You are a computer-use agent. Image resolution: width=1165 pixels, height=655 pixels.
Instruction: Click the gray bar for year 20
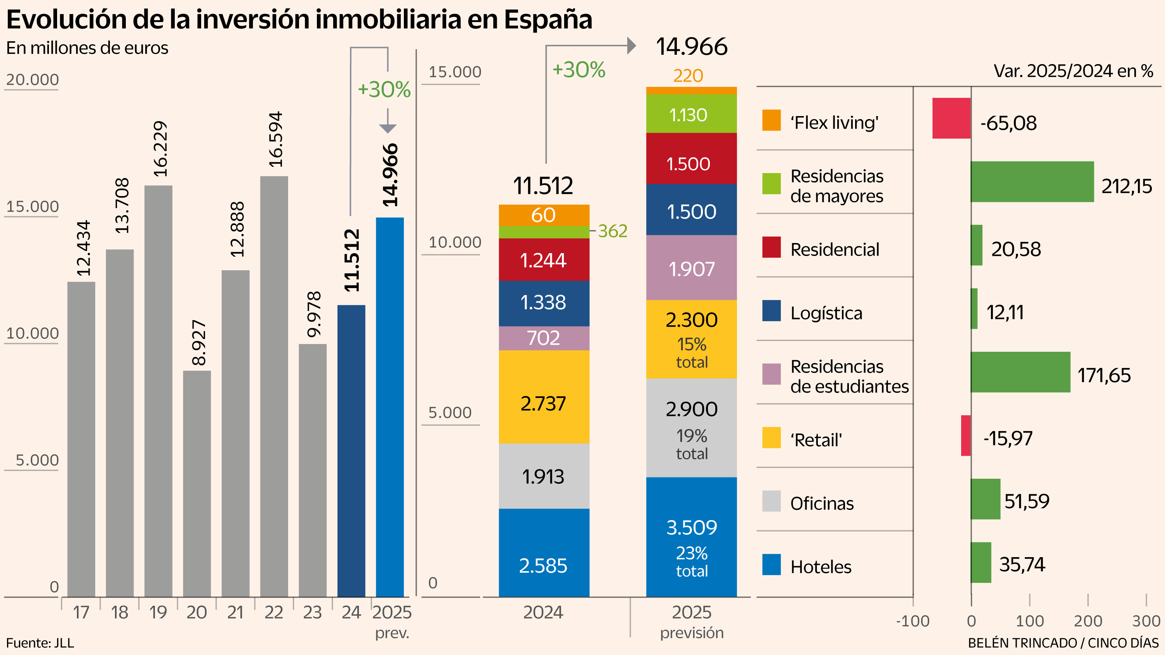(197, 484)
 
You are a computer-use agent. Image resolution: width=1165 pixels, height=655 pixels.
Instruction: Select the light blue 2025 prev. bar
(389, 407)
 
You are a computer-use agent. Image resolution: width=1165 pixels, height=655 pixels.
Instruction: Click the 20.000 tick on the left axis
(32, 80)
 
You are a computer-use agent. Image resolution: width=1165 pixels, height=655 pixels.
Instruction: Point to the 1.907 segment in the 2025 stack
(691, 269)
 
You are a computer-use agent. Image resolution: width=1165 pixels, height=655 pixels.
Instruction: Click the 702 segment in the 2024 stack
(544, 338)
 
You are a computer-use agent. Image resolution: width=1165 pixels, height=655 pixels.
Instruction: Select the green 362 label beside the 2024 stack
(612, 231)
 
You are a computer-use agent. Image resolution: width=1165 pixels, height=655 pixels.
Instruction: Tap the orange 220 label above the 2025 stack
(688, 75)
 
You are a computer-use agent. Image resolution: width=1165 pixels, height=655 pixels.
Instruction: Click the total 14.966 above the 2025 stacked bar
(692, 47)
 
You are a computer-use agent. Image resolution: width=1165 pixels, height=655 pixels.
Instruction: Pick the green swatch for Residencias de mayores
(771, 184)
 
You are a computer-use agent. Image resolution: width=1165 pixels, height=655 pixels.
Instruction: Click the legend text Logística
(826, 313)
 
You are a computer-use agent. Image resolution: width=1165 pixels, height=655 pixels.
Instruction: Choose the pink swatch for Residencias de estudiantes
(771, 374)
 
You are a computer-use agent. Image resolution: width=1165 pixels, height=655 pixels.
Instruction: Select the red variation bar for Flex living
(951, 118)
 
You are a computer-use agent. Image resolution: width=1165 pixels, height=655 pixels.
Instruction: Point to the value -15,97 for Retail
(1008, 438)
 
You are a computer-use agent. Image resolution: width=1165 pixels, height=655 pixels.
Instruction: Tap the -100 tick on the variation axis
(913, 621)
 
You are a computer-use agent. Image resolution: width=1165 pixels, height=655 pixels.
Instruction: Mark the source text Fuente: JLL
(40, 642)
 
